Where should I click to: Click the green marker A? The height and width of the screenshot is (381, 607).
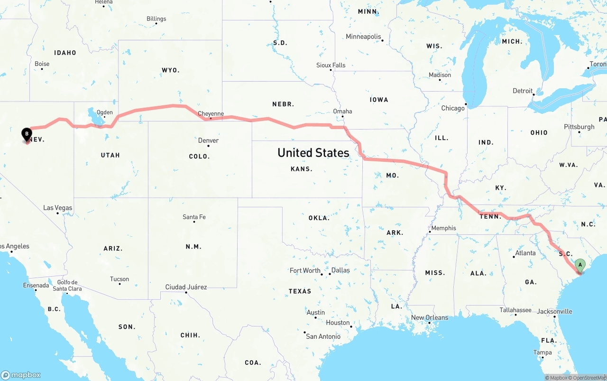point(579,265)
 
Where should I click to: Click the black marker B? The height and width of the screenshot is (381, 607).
point(27,134)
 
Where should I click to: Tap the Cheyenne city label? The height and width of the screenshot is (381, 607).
point(211,114)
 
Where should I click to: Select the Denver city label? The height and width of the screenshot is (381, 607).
point(208,140)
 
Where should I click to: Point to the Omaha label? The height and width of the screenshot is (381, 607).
point(342,112)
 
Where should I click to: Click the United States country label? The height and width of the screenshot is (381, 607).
point(313,153)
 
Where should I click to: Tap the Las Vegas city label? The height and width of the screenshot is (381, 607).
point(58,208)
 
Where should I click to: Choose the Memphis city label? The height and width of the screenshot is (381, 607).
point(443,228)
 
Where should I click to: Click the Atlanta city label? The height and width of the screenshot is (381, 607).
point(525,253)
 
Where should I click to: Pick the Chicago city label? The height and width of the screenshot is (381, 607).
point(453,108)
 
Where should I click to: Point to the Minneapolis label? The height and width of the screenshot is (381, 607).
point(363,37)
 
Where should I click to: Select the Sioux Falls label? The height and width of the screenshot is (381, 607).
point(331,65)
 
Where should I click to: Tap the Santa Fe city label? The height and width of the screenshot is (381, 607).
point(194,217)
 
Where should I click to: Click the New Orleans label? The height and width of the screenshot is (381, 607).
point(430,317)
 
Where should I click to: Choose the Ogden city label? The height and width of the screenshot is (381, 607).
point(104,112)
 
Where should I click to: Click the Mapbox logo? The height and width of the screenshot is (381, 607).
point(21,375)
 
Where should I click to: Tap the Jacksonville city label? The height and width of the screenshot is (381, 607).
point(554,312)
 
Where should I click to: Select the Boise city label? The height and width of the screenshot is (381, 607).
point(42,64)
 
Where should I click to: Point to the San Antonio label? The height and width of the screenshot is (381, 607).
point(323,336)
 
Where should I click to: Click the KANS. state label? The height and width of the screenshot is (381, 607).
point(301,169)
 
